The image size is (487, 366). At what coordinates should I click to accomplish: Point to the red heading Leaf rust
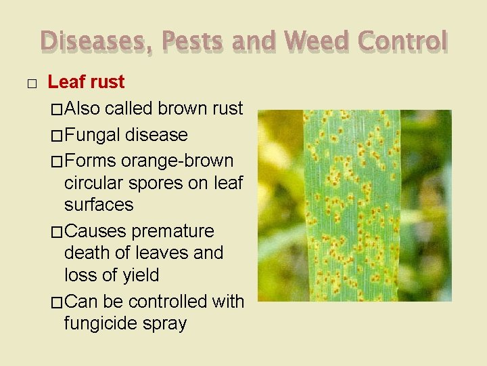pos(86,83)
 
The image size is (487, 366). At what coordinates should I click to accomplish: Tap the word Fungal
pos(93,135)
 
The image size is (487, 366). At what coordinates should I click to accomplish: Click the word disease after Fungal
pos(156,135)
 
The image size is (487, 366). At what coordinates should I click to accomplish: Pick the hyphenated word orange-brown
pos(177,161)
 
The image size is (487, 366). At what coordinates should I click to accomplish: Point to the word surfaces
pos(99,205)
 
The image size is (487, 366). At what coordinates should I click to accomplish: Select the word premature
pos(172,231)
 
